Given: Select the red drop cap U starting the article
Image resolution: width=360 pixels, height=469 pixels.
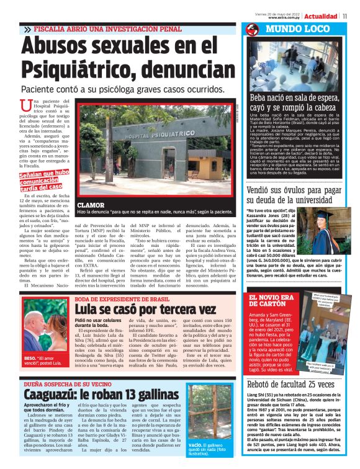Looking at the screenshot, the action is [x=25, y=106].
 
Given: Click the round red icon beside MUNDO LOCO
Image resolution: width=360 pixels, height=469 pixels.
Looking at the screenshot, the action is [x=252, y=29].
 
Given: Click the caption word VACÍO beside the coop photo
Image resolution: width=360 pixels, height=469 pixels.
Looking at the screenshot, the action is [x=196, y=445].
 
